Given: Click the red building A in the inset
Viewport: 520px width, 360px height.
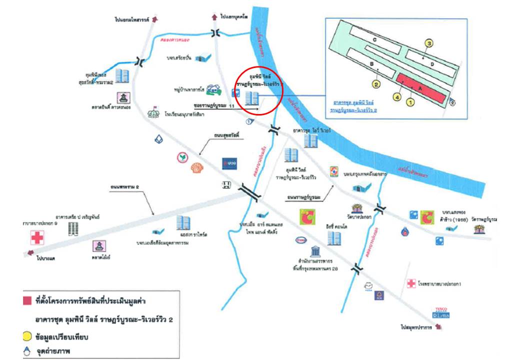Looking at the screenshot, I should click(x=420, y=88).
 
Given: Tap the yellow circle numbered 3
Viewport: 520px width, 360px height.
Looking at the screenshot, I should click(x=428, y=43).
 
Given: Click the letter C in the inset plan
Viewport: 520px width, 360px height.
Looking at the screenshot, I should click(x=373, y=38).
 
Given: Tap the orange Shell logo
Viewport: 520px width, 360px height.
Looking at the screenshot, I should click(x=194, y=169).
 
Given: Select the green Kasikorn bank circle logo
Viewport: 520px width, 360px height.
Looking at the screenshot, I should click(x=182, y=158).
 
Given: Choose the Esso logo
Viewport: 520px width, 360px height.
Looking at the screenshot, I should click(x=301, y=239).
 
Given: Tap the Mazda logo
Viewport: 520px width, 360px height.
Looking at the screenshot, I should click(x=368, y=286).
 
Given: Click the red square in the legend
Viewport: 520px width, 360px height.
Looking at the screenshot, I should click(x=26, y=301).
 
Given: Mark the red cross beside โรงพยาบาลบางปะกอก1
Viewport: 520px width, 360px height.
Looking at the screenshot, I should click(x=411, y=283).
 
